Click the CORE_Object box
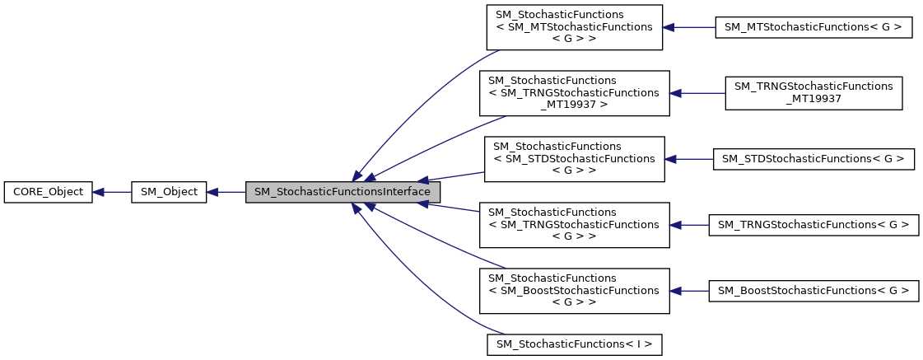pos(48,192)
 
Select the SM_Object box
pos(169,192)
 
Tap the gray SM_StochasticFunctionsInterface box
pos(343,192)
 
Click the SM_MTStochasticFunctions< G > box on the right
pos(813,27)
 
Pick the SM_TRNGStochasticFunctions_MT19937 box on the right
pos(813,93)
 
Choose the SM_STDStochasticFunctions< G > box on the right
pos(813,159)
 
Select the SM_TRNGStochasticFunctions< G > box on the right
pos(813,225)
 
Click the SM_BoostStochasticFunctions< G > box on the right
pos(813,291)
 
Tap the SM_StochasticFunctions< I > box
pos(574,344)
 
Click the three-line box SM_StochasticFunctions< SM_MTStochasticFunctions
pos(574,27)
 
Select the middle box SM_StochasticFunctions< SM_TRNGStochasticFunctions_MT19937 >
pos(574,93)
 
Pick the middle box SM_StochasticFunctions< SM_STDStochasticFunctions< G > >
pos(574,159)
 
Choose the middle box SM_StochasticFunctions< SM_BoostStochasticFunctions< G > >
pos(574,291)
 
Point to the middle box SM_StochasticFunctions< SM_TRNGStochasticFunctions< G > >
pos(574,225)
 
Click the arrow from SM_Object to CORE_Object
pos(112,192)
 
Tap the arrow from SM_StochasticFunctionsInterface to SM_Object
pos(226,192)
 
